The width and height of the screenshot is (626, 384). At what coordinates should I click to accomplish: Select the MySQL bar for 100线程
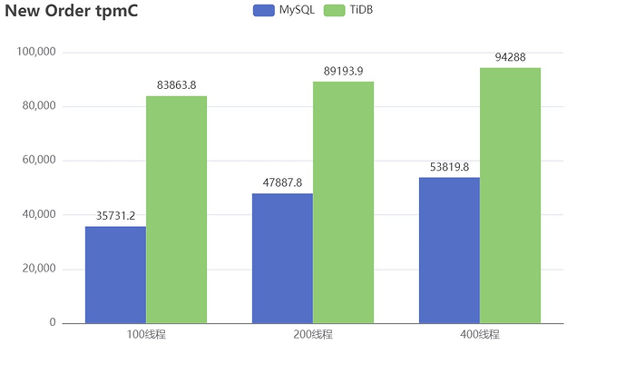click(115, 274)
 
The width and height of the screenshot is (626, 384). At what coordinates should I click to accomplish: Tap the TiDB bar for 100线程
click(176, 209)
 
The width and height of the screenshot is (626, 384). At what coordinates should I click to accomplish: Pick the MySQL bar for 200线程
click(282, 258)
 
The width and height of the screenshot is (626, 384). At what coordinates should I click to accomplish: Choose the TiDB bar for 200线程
click(343, 202)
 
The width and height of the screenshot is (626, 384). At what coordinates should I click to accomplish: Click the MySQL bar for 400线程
click(449, 250)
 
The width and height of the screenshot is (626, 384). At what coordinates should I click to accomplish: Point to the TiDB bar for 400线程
click(510, 195)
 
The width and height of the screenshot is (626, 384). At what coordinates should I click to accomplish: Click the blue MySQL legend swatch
click(263, 10)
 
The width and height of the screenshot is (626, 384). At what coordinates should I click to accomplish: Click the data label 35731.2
click(115, 216)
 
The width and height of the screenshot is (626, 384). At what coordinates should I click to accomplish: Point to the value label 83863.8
click(176, 85)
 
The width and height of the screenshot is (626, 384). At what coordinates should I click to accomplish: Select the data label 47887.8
click(282, 182)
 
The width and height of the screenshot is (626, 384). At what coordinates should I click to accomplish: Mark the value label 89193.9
click(343, 71)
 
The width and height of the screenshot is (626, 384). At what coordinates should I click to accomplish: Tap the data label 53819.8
click(449, 167)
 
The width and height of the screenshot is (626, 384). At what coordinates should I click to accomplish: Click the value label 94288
click(510, 57)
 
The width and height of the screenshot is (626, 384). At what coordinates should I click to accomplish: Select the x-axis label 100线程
click(146, 335)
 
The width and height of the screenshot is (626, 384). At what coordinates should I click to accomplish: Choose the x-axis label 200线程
click(313, 335)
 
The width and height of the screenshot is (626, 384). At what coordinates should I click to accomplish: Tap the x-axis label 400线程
click(480, 335)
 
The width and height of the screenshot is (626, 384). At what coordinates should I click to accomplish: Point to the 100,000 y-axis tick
click(36, 52)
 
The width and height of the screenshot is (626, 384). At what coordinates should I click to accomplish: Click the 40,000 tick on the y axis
click(39, 214)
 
